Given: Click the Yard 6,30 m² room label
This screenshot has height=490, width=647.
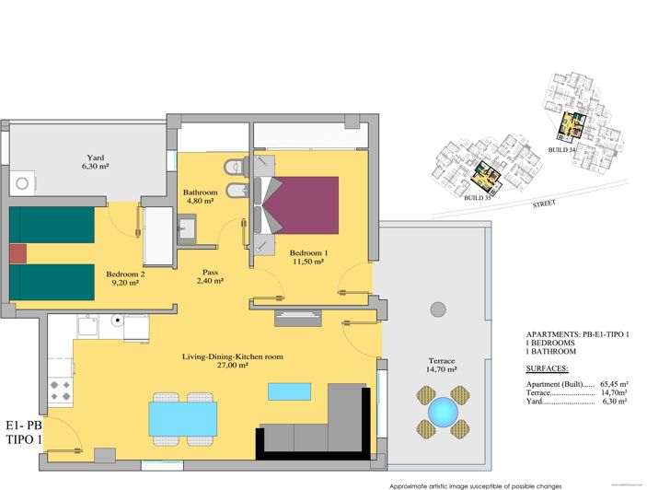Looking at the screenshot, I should click(95, 162).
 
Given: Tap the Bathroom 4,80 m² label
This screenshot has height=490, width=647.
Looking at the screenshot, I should click(200, 195).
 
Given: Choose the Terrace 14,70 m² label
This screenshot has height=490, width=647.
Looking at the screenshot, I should click(442, 365).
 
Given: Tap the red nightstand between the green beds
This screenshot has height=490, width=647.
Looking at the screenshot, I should click(18, 253).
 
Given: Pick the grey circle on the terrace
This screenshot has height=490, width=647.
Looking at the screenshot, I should click(438, 308).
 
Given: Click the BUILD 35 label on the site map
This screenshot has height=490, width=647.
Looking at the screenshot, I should click(478, 197).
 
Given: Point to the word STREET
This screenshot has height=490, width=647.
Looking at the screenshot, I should click(543, 205).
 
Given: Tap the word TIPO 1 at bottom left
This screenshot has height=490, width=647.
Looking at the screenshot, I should click(22, 440).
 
